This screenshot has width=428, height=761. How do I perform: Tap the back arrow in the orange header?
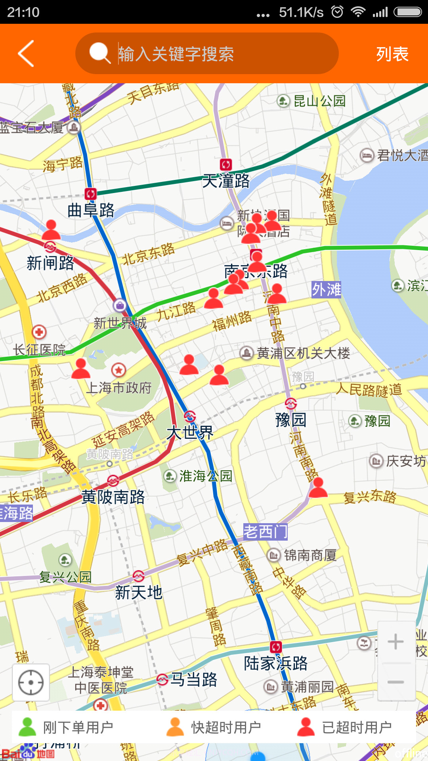tap(26, 54)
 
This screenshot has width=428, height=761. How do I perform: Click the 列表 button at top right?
tap(392, 54)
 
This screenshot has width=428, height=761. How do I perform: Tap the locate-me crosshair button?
tap(31, 682)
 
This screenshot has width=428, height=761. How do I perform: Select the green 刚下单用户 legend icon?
tap(27, 727)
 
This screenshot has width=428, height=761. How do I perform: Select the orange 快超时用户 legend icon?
tap(175, 727)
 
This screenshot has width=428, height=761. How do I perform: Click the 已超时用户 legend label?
tap(357, 727)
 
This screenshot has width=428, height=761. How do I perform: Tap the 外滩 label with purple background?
tap(326, 289)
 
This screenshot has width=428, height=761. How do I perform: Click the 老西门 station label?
tap(265, 532)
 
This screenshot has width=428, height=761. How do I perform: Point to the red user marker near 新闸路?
tap(51, 230)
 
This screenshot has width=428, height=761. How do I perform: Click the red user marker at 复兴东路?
tap(318, 488)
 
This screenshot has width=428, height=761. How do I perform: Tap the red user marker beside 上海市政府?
tap(81, 369)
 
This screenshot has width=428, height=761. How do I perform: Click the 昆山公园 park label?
tap(319, 101)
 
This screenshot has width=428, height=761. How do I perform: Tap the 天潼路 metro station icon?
tap(226, 164)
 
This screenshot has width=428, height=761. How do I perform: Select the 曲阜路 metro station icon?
tap(90, 193)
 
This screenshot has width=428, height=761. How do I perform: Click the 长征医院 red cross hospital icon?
tap(39, 332)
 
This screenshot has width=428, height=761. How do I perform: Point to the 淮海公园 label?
tap(205, 476)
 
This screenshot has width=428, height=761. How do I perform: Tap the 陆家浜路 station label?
tap(275, 663)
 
